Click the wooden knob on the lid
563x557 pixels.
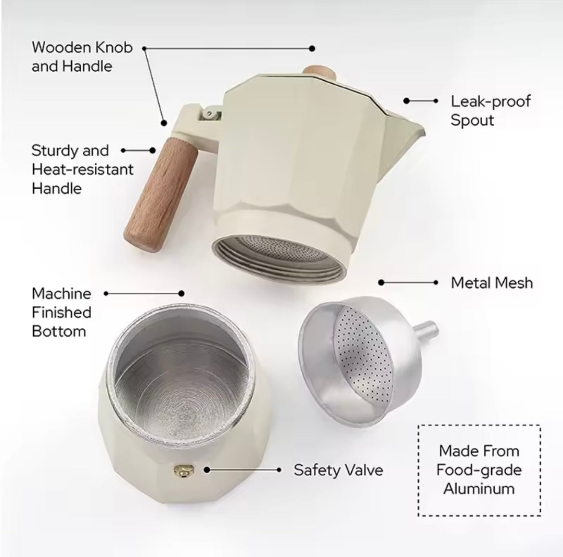point(320,73)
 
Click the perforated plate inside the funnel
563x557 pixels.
point(363,354)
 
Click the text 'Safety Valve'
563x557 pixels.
point(338,470)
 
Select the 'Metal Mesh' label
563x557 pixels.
point(492,283)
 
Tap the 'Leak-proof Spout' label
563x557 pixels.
point(490,111)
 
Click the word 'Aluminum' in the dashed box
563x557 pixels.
point(479,489)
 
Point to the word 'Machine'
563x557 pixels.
point(62,294)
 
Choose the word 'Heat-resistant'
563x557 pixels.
point(83,169)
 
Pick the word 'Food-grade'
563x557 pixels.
point(479,470)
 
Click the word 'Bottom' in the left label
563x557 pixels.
point(59,331)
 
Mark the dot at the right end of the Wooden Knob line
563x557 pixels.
point(312,49)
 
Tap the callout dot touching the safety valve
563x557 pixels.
point(207,470)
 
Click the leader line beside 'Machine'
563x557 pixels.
point(143,294)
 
